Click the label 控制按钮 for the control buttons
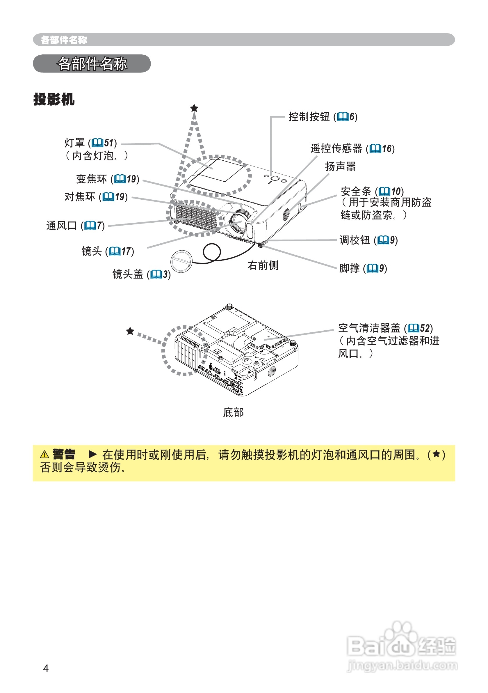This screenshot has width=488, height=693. click(x=309, y=116)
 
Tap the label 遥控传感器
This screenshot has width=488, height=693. click(x=336, y=148)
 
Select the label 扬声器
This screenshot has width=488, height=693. click(x=340, y=166)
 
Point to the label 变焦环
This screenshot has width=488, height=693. click(x=91, y=179)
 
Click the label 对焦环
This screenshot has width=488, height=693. click(x=80, y=197)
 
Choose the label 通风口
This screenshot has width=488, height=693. click(x=61, y=226)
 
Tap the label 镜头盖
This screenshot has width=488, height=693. click(x=127, y=274)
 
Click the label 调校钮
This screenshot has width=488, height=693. click(x=355, y=240)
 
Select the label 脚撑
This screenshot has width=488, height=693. click(x=349, y=268)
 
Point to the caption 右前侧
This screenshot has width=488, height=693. click(x=263, y=266)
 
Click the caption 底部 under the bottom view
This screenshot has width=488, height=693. click(x=233, y=412)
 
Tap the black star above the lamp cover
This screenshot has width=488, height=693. click(x=194, y=108)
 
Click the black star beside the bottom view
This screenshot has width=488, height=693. click(x=130, y=331)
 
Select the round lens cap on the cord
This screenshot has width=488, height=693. click(x=181, y=261)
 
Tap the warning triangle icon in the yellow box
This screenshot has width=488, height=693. click(x=44, y=454)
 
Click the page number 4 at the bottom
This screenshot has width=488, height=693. click(x=46, y=669)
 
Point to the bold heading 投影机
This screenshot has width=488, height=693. click(x=54, y=99)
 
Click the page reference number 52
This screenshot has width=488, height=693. click(x=425, y=328)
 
